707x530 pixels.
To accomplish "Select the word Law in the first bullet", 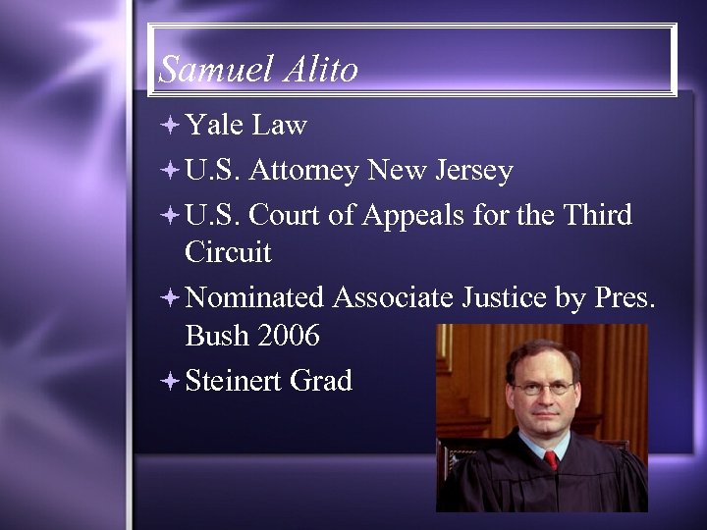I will (x=279, y=126).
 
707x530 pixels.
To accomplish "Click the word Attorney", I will (x=303, y=173).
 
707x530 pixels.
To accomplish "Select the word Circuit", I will (x=227, y=252).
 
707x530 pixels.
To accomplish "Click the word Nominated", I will (x=254, y=297).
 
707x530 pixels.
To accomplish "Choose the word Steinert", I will (x=232, y=381).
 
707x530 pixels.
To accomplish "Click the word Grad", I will (x=321, y=381).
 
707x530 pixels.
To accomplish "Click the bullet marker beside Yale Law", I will (x=171, y=127).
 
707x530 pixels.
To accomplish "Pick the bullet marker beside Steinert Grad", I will (x=171, y=381).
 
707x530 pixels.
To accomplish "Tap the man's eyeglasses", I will (x=542, y=389).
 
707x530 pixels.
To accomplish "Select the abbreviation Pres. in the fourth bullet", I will (x=625, y=297).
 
